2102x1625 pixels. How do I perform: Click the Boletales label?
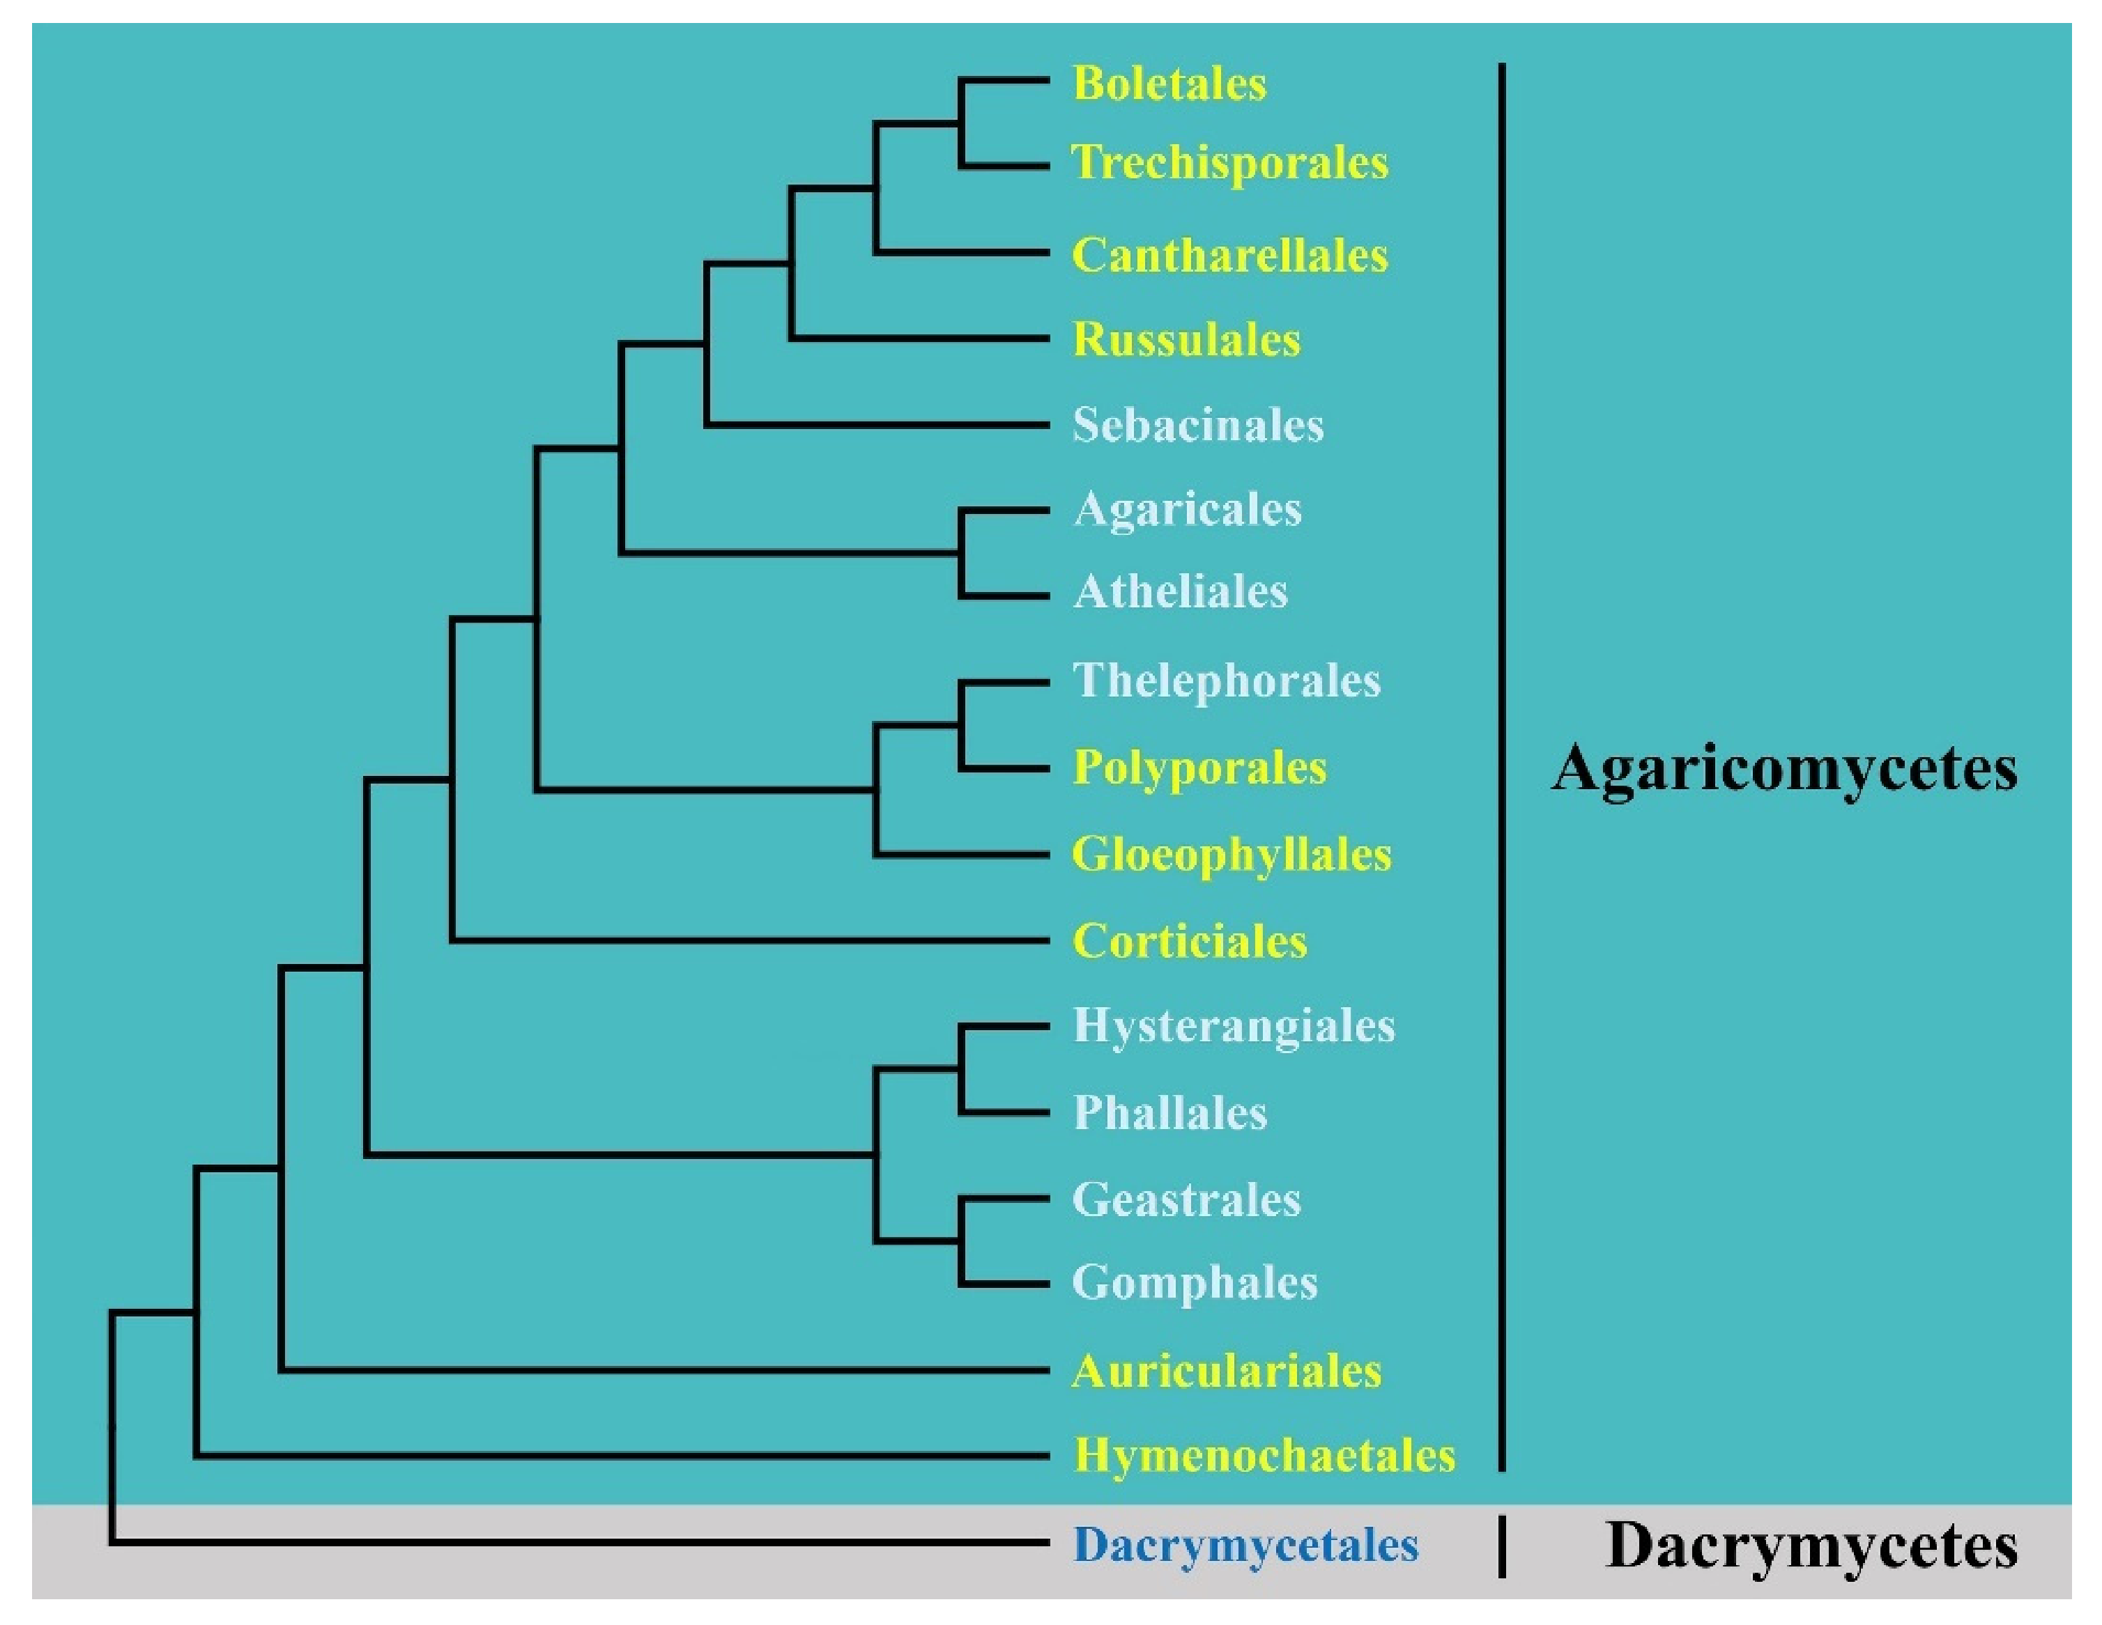[x=1169, y=84]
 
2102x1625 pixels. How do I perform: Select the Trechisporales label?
[x=1229, y=162]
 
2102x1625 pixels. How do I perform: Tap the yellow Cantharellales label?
[x=1229, y=256]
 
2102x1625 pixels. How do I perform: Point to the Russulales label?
[x=1186, y=341]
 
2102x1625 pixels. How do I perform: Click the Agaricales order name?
[x=1187, y=510]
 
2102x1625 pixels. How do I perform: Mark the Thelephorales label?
[x=1226, y=681]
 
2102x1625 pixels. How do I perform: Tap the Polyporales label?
[x=1199, y=768]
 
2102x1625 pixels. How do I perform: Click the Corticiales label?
[x=1190, y=941]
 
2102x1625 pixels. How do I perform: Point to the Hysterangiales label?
[x=1233, y=1025]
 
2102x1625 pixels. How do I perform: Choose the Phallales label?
[x=1169, y=1113]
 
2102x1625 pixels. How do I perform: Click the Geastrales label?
[x=1186, y=1199]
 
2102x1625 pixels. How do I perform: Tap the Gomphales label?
[x=1195, y=1282]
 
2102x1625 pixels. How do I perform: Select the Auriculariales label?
[x=1226, y=1371]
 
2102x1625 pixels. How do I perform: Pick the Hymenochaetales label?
[x=1264, y=1456]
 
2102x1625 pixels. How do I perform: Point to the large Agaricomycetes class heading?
[x=1783, y=769]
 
